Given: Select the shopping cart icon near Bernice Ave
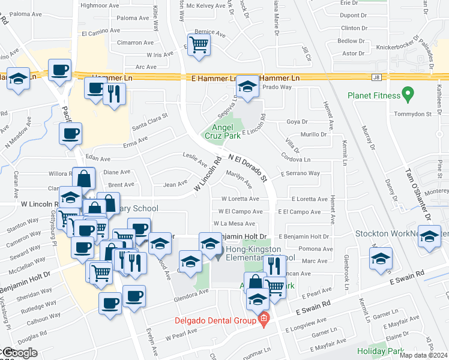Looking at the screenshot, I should coord(199,44).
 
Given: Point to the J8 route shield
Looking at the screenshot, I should coord(376,77).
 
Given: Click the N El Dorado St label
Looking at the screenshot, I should coord(247,167).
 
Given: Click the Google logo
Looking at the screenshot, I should coord(19,353).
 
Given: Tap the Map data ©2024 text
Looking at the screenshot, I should coord(423,355).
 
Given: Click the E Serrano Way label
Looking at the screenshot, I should coord(300,173).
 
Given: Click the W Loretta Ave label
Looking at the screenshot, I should coord(240,199).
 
